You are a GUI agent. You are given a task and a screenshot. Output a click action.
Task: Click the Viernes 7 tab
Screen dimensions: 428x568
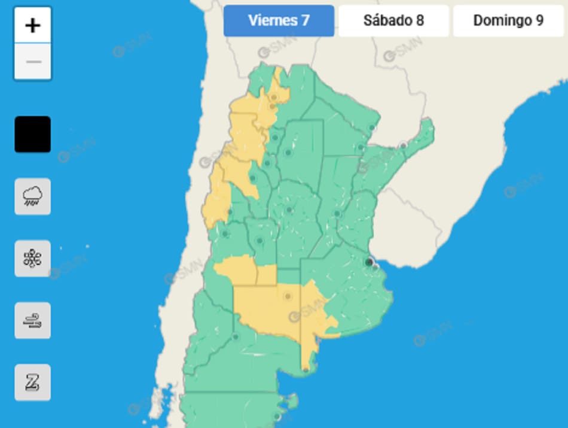point(279,21)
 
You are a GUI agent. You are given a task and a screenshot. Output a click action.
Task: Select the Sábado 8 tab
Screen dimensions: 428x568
point(393,21)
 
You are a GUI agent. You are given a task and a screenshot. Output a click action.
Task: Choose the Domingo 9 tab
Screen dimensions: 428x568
point(508,21)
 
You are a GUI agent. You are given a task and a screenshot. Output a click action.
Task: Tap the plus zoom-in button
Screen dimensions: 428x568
point(33,26)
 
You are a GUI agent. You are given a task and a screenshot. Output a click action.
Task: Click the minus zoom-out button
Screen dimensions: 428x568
point(33,62)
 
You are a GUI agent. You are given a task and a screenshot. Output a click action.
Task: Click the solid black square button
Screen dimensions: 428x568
point(33,134)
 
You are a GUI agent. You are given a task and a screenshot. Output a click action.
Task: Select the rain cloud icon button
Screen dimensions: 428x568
point(33,196)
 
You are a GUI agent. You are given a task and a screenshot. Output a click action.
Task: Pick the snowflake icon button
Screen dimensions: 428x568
point(33,259)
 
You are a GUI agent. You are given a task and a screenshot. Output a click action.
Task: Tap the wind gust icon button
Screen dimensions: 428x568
point(33,321)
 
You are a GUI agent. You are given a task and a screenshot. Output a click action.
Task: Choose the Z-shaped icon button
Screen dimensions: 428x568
point(33,383)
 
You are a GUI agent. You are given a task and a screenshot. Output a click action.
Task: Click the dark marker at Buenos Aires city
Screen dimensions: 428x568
point(369,262)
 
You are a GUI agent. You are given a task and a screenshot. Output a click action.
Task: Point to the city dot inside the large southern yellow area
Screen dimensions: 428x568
point(288,296)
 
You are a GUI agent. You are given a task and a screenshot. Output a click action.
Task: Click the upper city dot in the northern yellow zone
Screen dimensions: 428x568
point(274,97)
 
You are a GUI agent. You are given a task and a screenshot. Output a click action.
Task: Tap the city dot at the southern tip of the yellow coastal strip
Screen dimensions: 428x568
point(306,370)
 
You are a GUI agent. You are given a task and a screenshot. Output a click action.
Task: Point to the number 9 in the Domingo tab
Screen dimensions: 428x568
point(539,21)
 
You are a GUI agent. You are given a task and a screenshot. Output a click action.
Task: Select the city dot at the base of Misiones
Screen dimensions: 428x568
point(403,145)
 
